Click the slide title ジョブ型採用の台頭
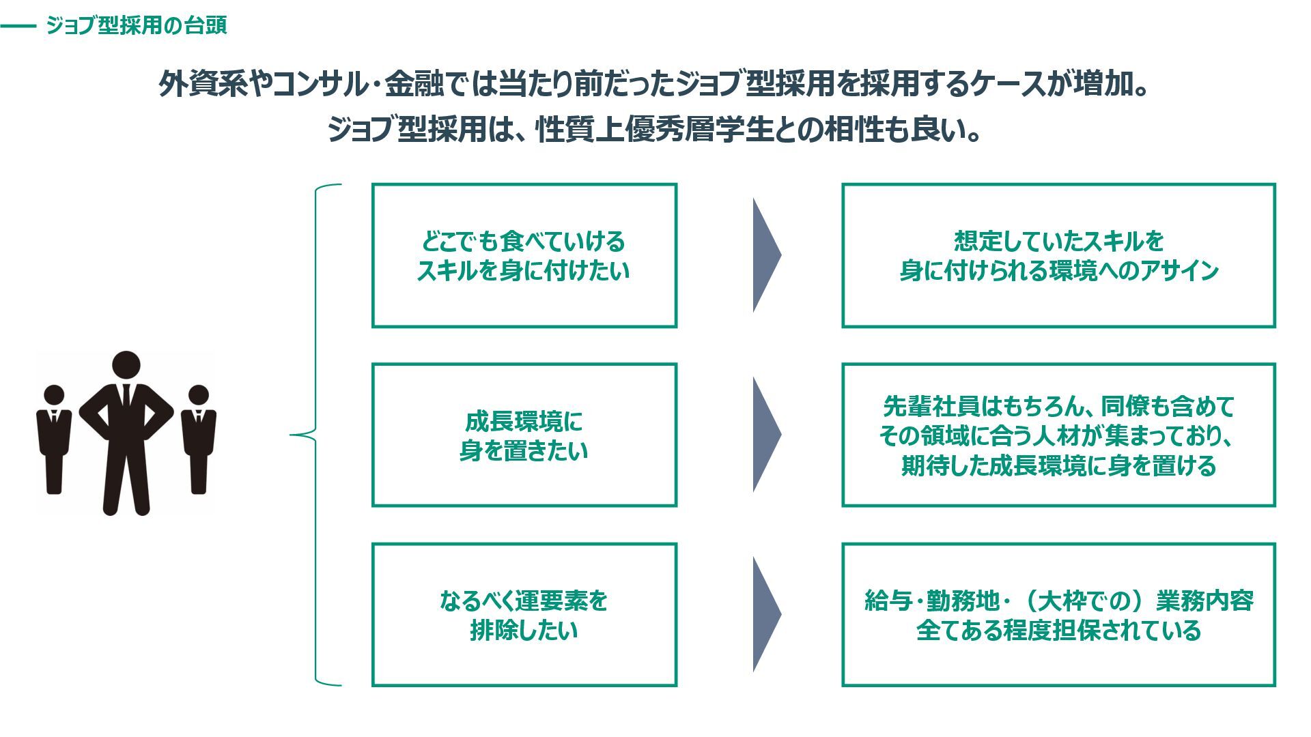pyautogui.click(x=136, y=26)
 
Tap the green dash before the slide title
pyautogui.click(x=18, y=27)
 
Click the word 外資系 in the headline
pyautogui.click(x=203, y=85)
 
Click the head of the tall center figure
pyautogui.click(x=126, y=365)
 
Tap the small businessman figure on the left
pyautogui.click(x=54, y=437)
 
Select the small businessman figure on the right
pyautogui.click(x=198, y=437)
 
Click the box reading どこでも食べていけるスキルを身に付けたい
pyautogui.click(x=524, y=256)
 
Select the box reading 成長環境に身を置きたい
pyautogui.click(x=524, y=435)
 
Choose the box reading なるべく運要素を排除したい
pyautogui.click(x=524, y=615)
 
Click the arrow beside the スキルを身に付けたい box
pyautogui.click(x=765, y=256)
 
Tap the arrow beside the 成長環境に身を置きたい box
pyautogui.click(x=765, y=435)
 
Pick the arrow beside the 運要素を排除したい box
pyautogui.click(x=765, y=614)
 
